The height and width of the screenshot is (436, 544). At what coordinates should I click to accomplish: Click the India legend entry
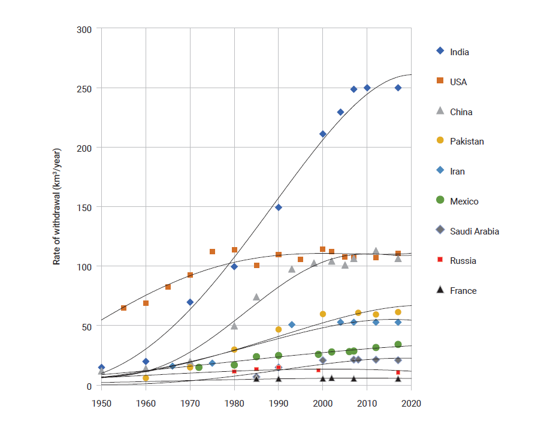pyautogui.click(x=460, y=52)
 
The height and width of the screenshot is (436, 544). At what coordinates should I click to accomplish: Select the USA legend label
pyautogui.click(x=458, y=82)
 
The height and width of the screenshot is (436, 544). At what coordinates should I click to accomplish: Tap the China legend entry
pyautogui.click(x=461, y=112)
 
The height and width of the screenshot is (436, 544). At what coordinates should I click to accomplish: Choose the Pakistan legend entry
pyautogui.click(x=467, y=142)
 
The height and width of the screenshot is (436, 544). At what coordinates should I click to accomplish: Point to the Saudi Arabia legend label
pyautogui.click(x=475, y=231)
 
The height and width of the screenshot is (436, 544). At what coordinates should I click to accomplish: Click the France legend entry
pyautogui.click(x=463, y=291)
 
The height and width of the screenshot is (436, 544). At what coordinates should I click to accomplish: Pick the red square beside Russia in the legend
pyautogui.click(x=440, y=261)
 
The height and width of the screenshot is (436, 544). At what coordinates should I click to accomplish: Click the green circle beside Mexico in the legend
pyautogui.click(x=440, y=201)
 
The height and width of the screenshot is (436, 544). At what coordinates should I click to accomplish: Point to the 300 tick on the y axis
pyautogui.click(x=85, y=29)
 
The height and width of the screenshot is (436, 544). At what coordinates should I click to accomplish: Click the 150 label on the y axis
pyautogui.click(x=85, y=207)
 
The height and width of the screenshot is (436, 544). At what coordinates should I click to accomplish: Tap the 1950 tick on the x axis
pyautogui.click(x=102, y=403)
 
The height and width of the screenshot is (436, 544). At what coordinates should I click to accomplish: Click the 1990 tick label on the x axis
pyautogui.click(x=279, y=403)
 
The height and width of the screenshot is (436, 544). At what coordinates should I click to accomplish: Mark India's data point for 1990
pyautogui.click(x=279, y=208)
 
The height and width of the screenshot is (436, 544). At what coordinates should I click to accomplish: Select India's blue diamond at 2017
pyautogui.click(x=398, y=88)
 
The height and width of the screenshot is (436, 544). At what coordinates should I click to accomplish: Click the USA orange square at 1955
pyautogui.click(x=123, y=308)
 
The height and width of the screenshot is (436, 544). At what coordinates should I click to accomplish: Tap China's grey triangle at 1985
pyautogui.click(x=256, y=297)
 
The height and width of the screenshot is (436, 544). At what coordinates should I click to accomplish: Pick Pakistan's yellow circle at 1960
pyautogui.click(x=146, y=378)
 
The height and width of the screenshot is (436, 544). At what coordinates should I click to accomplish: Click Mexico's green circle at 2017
pyautogui.click(x=398, y=345)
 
